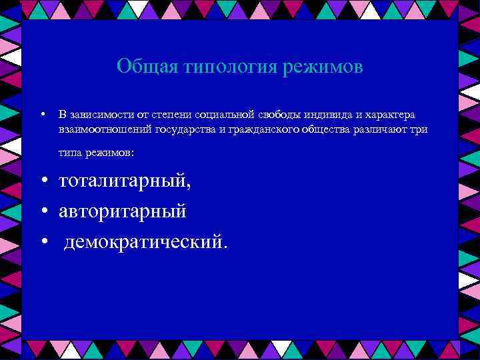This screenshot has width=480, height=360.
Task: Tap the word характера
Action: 389,115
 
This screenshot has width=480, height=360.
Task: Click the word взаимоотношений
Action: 105,129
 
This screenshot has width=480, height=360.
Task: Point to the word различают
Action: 383,129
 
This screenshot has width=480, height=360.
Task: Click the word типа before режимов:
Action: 69,153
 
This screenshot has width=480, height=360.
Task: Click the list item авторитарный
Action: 123,211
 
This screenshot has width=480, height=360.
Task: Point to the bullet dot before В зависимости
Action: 42,115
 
